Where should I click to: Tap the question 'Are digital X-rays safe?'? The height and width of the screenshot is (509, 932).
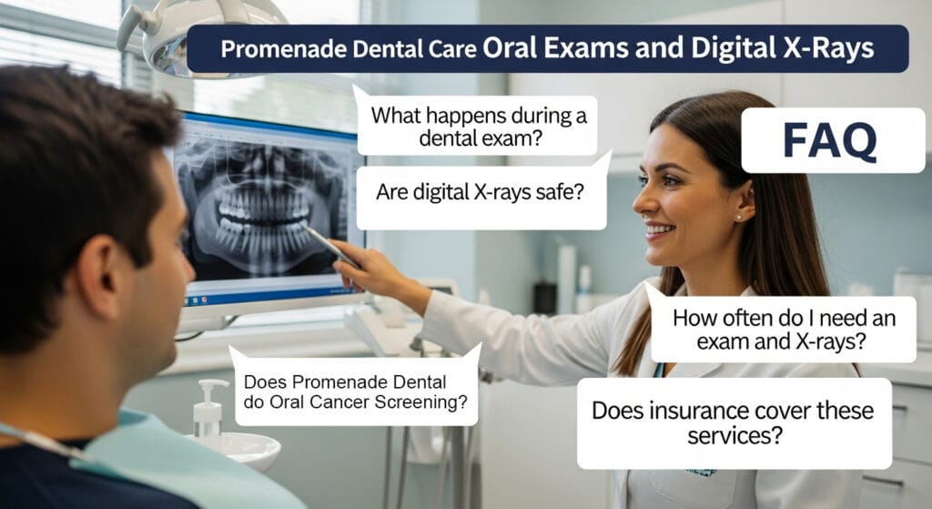coord(480,193)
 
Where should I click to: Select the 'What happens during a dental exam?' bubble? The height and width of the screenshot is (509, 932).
coord(478,127)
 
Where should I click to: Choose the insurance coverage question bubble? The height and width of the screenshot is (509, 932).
coord(733,423)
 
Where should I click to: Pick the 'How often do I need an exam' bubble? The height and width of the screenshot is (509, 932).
coord(783,330)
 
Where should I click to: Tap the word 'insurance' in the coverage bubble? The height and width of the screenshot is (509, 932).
coord(691,410)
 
